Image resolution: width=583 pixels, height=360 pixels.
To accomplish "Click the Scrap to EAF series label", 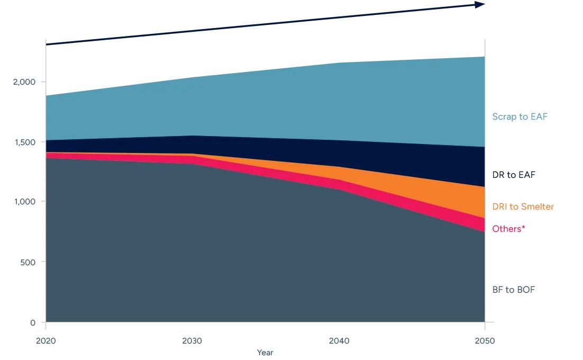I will tap(520, 116).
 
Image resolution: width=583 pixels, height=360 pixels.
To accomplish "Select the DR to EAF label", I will tap(514, 175).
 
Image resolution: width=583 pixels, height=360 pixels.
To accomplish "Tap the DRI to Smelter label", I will tap(523, 206).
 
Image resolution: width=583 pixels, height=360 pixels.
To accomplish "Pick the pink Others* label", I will tap(508, 229).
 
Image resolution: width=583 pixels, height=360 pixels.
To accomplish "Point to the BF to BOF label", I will tap(513, 290).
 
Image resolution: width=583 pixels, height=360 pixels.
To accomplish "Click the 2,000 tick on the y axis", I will tap(24, 82).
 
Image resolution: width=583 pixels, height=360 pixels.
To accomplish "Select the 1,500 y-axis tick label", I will tap(24, 142).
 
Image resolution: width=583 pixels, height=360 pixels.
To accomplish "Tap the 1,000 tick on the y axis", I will tap(24, 202).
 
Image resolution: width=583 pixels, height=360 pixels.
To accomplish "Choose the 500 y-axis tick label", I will tap(27, 262).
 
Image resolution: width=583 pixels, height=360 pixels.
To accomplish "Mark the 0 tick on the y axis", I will tap(33, 322).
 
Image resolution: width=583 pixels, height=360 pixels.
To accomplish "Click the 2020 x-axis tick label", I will tap(45, 340).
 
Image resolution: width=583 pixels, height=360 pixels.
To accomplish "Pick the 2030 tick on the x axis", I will tap(192, 340).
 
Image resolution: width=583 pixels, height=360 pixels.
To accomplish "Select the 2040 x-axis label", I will tap(339, 340).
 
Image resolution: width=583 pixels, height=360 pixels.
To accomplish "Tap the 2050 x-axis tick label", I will tap(485, 340).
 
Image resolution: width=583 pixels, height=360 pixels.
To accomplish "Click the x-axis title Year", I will tap(265, 353).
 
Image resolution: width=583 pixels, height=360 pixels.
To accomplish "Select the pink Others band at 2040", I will tap(339, 184).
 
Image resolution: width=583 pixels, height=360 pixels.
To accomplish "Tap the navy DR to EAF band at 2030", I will tap(192, 145).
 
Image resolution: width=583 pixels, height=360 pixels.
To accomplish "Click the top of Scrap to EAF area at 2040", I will tap(339, 64).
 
